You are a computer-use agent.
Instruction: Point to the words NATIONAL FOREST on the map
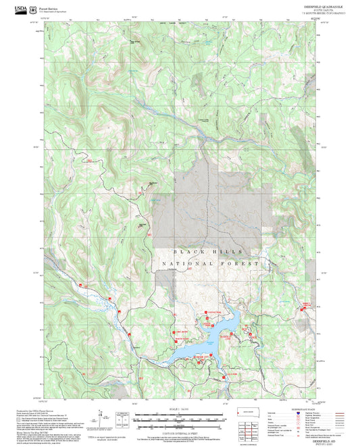click(x=209, y=263)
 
